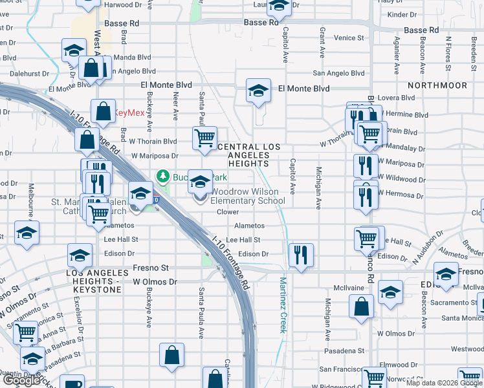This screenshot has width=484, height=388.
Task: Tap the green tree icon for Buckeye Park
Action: coord(163,177)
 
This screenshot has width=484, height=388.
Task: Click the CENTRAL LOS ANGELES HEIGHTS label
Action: coord(250,155)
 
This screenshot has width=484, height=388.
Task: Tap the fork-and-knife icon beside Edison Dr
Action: coord(301,254)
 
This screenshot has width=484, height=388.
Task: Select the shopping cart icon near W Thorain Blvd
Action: coord(204,138)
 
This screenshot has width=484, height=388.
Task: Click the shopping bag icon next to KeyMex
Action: coord(103,111)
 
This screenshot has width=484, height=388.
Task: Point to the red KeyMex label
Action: coord(129,113)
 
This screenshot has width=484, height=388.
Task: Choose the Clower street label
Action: coord(228,212)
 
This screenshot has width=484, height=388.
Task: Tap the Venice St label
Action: coord(349,38)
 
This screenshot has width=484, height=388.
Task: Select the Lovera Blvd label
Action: coord(399,98)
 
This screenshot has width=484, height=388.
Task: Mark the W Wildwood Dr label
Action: coord(401,177)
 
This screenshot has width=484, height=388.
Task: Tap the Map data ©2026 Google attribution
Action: coord(443,383)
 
